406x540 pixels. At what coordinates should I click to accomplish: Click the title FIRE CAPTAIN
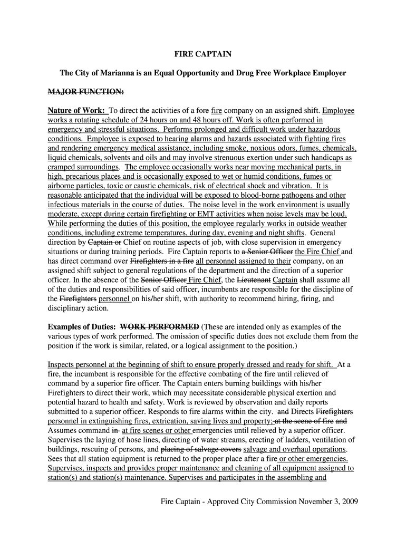coord(203,54)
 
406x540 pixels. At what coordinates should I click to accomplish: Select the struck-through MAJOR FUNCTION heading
coord(86,92)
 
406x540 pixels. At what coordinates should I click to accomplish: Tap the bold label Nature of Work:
coord(76,111)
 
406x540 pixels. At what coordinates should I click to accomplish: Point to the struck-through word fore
coord(202,111)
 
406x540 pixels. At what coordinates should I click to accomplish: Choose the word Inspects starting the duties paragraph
coord(62,364)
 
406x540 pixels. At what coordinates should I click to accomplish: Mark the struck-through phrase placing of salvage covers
coord(201,449)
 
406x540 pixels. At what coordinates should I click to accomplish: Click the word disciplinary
coord(70,308)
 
